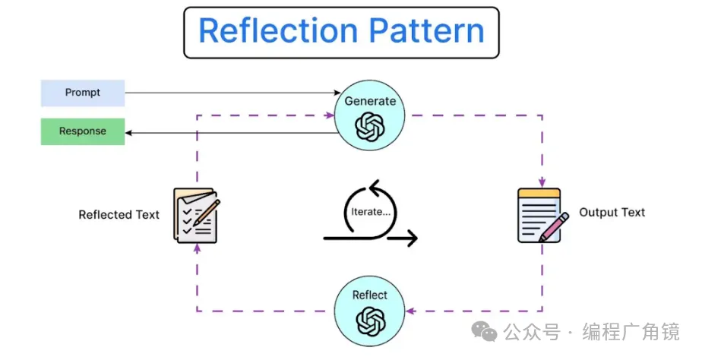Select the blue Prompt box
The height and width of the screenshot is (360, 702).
coord(82,93)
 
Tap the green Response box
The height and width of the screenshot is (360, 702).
coord(82,131)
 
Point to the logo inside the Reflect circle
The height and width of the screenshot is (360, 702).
coord(370,320)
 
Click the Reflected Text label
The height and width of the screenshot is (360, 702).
coord(119,215)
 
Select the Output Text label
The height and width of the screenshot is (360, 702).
coord(612,213)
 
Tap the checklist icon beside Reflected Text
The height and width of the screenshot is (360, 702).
coord(194,216)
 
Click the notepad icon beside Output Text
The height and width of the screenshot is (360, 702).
coord(541,216)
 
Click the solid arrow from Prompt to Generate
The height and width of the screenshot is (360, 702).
coord(228,93)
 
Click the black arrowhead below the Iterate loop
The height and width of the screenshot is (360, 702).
coord(412,238)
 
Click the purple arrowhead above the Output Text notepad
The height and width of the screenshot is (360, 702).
coord(542,182)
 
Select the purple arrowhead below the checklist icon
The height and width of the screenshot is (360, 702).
coord(197,248)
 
